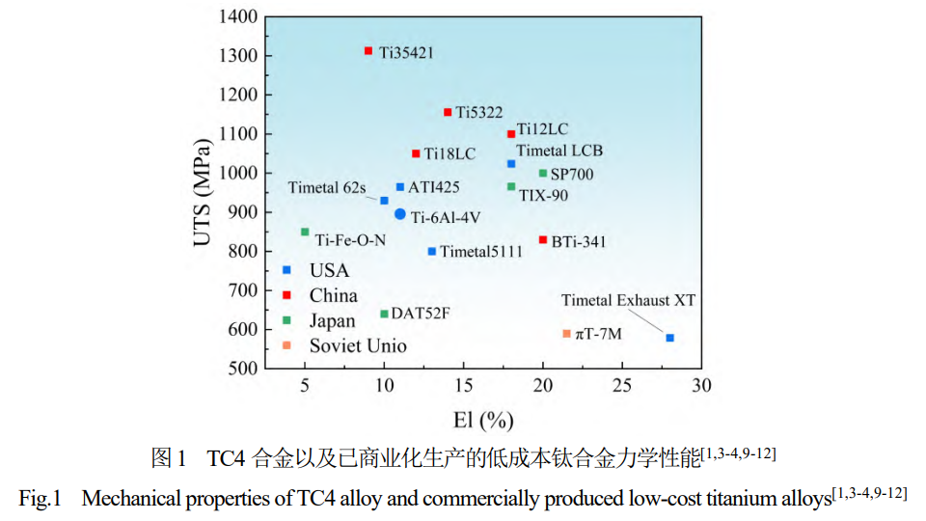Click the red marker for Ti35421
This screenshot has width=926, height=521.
(x=368, y=50)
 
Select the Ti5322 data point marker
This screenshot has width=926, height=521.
(x=448, y=112)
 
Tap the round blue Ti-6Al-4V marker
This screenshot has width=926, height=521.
(x=400, y=214)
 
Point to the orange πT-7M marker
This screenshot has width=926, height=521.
(x=567, y=334)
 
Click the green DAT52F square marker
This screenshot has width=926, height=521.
(x=384, y=314)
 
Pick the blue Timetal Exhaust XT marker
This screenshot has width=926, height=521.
(x=669, y=338)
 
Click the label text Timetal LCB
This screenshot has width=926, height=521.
(x=559, y=151)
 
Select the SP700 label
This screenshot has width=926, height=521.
(x=572, y=175)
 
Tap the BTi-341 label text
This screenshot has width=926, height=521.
(x=580, y=241)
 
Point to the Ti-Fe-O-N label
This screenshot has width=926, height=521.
(x=350, y=239)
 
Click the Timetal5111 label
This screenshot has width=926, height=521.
(x=481, y=252)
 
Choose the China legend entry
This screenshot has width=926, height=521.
(x=334, y=295)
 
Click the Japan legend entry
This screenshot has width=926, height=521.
(x=332, y=320)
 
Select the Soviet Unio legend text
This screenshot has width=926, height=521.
(x=358, y=345)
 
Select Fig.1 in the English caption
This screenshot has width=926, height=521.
(x=40, y=498)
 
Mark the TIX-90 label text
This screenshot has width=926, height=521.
(x=543, y=195)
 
